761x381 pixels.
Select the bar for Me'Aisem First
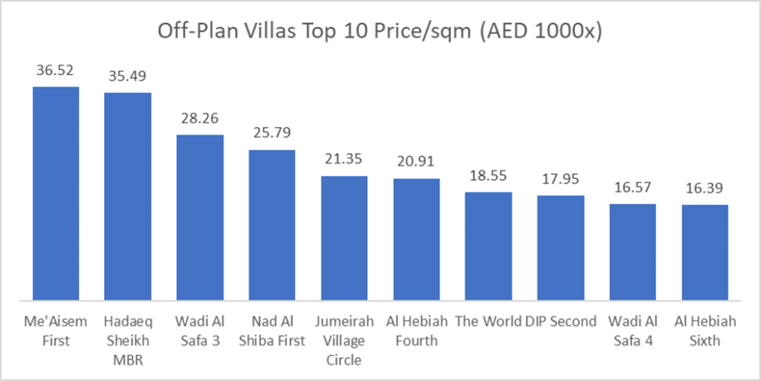(56, 193)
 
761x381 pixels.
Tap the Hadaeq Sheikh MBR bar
(128, 196)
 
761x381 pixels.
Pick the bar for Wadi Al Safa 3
(200, 217)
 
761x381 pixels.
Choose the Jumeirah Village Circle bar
(344, 238)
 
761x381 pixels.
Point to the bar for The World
(489, 246)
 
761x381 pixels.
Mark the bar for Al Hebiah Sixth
(705, 252)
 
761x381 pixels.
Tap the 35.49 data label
(128, 76)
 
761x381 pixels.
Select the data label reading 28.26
(200, 118)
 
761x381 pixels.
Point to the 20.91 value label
(416, 161)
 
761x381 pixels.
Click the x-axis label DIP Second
(561, 321)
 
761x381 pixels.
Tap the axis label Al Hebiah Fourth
(416, 331)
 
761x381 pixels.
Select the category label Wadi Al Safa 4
(633, 331)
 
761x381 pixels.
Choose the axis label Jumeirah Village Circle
(344, 341)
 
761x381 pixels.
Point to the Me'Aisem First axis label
(56, 331)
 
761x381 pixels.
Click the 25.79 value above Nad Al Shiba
(272, 133)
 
